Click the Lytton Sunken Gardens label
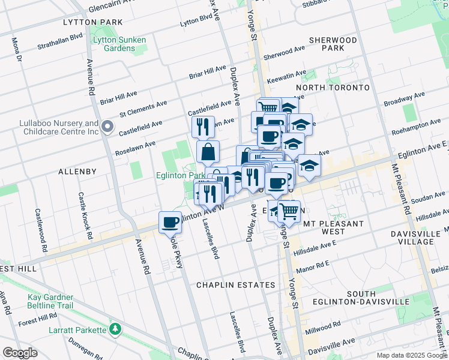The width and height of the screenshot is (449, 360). point(119,44)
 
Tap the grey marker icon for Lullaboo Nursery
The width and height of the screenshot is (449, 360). point(107,127)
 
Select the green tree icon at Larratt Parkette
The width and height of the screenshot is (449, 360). point(114,329)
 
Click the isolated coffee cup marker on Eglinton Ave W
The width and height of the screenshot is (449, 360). point(170,223)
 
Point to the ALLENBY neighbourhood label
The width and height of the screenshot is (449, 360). point(77,172)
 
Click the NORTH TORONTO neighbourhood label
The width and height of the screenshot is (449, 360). point(333,88)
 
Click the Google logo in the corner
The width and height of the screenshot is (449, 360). point(20,353)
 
